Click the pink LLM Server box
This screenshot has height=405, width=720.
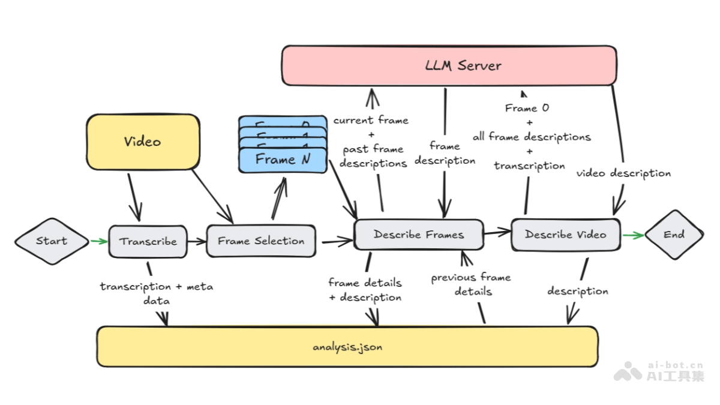pyautogui.click(x=449, y=65)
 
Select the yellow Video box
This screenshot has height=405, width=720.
pyautogui.click(x=143, y=142)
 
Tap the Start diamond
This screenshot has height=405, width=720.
pyautogui.click(x=52, y=241)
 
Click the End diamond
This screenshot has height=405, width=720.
pyautogui.click(x=674, y=235)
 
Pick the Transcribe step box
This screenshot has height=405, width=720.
pyautogui.click(x=148, y=241)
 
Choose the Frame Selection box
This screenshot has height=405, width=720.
pyautogui.click(x=261, y=241)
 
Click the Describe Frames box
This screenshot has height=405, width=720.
pyautogui.click(x=419, y=235)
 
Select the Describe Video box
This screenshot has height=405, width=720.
pyautogui.click(x=566, y=235)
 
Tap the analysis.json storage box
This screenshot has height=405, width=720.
pyautogui.click(x=347, y=347)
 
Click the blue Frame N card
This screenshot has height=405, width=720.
pyautogui.click(x=283, y=160)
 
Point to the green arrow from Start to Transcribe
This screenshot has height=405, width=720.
pyautogui.click(x=99, y=241)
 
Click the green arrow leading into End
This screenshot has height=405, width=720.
pyautogui.click(x=634, y=235)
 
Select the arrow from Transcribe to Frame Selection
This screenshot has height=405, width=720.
pyautogui.click(x=196, y=241)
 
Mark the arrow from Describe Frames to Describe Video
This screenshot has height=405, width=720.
pyautogui.click(x=497, y=233)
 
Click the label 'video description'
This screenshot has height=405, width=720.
pyautogui.click(x=623, y=173)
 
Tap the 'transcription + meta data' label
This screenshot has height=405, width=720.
pyautogui.click(x=157, y=293)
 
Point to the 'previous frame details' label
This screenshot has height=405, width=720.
pyautogui.click(x=472, y=284)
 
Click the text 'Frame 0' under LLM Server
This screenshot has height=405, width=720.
pyautogui.click(x=527, y=109)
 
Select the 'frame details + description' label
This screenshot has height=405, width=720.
pyautogui.click(x=365, y=290)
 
